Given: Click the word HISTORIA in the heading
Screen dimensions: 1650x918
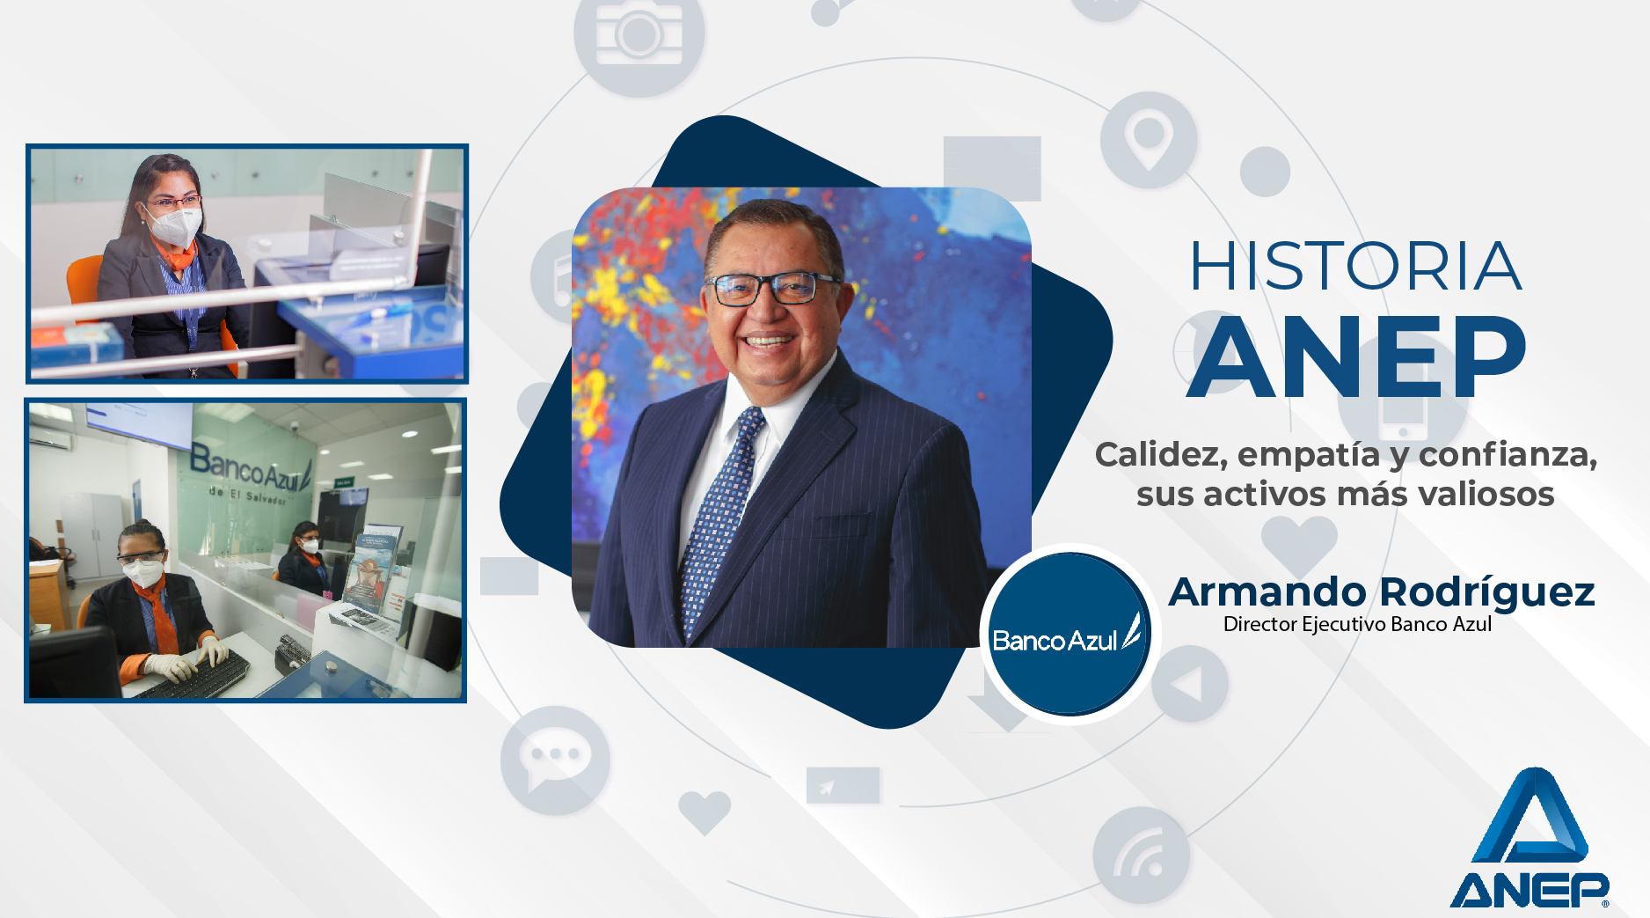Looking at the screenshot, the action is coord(1355,266).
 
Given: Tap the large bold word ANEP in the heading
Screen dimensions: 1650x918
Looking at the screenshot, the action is coord(1356,356).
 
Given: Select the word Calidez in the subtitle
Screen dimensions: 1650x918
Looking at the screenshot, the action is coord(1161,455).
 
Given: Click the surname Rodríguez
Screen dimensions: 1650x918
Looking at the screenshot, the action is coord(1486,593).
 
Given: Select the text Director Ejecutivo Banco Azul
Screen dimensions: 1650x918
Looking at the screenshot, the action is coord(1357,624).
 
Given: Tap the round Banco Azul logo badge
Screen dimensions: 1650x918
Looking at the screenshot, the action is coord(1069,635).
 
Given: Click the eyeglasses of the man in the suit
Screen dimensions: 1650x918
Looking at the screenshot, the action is coord(772,289).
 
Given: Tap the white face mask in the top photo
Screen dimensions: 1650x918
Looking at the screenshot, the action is coord(175,226).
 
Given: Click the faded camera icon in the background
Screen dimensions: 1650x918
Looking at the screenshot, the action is coord(639,37).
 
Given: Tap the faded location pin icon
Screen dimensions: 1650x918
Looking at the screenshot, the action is coord(1149,140).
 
